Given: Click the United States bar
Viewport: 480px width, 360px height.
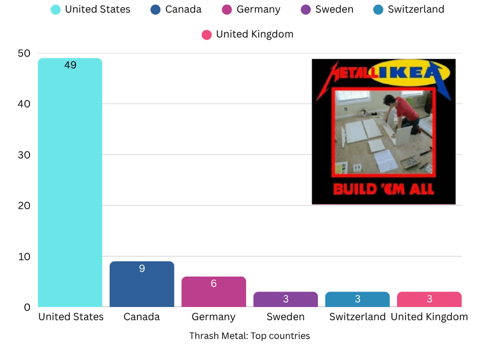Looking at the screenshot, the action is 70,182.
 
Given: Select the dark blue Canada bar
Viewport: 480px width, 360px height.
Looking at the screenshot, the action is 141,284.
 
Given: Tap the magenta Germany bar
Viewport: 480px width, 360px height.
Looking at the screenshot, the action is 213,291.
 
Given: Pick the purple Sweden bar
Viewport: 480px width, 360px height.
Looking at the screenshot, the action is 285,299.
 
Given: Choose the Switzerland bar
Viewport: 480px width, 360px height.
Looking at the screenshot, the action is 357,299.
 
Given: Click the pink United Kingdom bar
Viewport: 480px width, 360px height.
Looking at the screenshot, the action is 429,299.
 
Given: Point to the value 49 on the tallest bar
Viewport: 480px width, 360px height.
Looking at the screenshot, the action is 70,65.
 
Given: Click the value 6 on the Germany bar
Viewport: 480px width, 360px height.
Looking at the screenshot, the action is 213,283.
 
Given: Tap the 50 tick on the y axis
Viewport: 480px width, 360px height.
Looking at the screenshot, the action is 24,53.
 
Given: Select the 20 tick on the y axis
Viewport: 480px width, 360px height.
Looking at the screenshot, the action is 24,205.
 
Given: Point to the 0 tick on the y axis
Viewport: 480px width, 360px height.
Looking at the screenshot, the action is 27,307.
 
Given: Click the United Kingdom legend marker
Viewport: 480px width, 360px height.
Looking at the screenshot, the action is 206,34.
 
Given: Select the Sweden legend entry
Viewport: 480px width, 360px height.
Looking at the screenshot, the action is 327,9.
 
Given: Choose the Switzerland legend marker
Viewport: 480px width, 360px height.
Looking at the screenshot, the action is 378,9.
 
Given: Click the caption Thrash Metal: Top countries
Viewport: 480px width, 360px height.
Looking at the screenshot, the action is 249,336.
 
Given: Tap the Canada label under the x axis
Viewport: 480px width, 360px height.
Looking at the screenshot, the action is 141,316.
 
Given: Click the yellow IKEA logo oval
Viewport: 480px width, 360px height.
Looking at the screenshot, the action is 410,72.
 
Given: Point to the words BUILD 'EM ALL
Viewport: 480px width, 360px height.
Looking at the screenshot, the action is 383,189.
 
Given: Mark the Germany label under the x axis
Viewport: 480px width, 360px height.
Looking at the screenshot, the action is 213,317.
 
